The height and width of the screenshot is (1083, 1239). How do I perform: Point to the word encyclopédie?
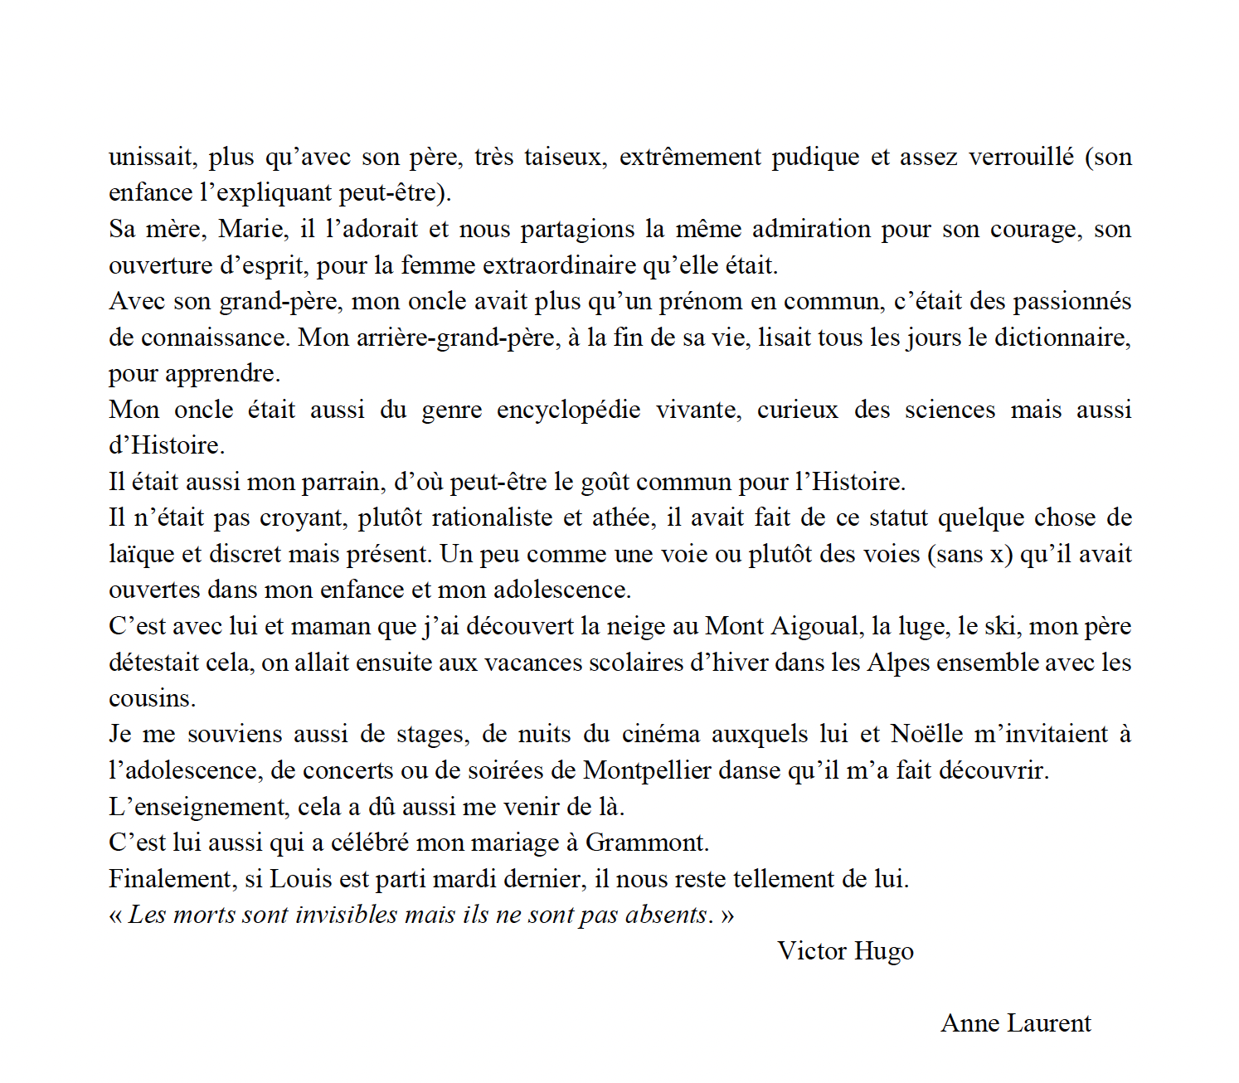[x=568, y=410]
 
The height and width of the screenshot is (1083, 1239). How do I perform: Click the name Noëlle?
[x=927, y=734]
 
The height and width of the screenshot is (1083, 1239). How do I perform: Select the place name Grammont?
[x=646, y=843]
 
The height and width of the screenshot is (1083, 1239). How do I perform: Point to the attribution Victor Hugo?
[x=845, y=951]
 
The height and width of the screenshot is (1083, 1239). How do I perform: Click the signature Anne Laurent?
[x=1016, y=1023]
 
